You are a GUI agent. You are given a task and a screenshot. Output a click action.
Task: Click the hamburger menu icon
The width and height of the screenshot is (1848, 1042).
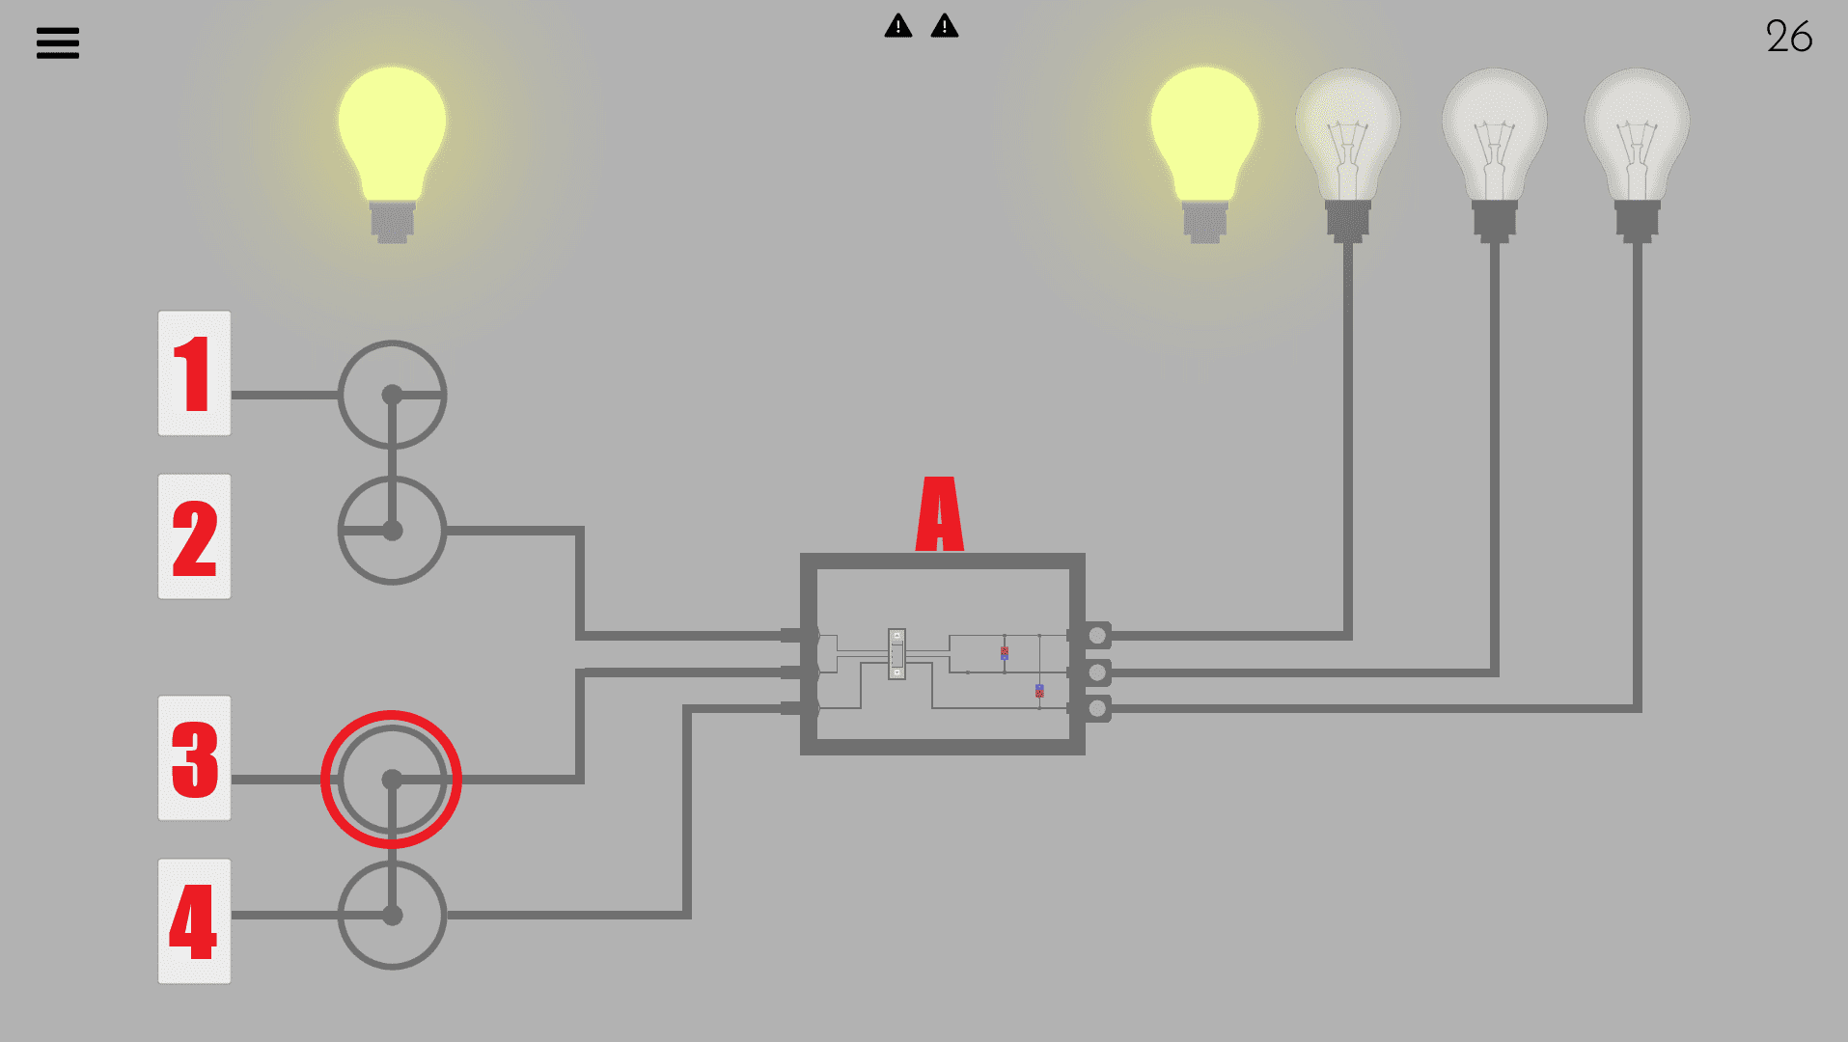point(58,42)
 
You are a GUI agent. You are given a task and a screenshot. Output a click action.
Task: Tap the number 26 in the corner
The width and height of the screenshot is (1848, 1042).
point(1788,38)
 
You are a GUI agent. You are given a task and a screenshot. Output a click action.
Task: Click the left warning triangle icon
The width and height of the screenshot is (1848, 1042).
point(897,26)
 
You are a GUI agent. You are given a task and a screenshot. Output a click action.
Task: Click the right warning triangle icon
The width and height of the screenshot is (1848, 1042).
point(945,26)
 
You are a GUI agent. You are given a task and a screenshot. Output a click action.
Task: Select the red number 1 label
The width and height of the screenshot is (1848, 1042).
point(194,373)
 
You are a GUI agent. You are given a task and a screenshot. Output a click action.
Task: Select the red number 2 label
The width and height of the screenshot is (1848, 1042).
point(194,536)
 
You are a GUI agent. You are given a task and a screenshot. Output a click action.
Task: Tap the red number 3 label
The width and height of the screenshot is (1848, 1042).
point(194,758)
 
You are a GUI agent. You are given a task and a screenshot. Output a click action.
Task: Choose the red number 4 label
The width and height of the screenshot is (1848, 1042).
point(194,921)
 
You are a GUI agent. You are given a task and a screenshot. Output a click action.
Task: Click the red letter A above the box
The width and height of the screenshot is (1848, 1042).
point(939,514)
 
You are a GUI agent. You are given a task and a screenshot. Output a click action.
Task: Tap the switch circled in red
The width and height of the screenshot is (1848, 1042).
point(392,780)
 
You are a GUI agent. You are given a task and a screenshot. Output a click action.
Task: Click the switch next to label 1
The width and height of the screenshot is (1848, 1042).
point(392,395)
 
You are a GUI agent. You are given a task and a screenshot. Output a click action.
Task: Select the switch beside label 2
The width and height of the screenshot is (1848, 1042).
point(392,531)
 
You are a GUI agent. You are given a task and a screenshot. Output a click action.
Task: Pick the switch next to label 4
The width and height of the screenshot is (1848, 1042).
point(392,915)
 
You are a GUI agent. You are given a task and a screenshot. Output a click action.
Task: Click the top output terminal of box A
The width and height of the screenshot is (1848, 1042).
point(1096,635)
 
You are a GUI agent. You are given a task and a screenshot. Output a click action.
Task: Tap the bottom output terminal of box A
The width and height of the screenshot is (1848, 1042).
point(1096,709)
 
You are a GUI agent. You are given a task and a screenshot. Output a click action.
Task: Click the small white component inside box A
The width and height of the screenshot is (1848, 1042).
point(896,654)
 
